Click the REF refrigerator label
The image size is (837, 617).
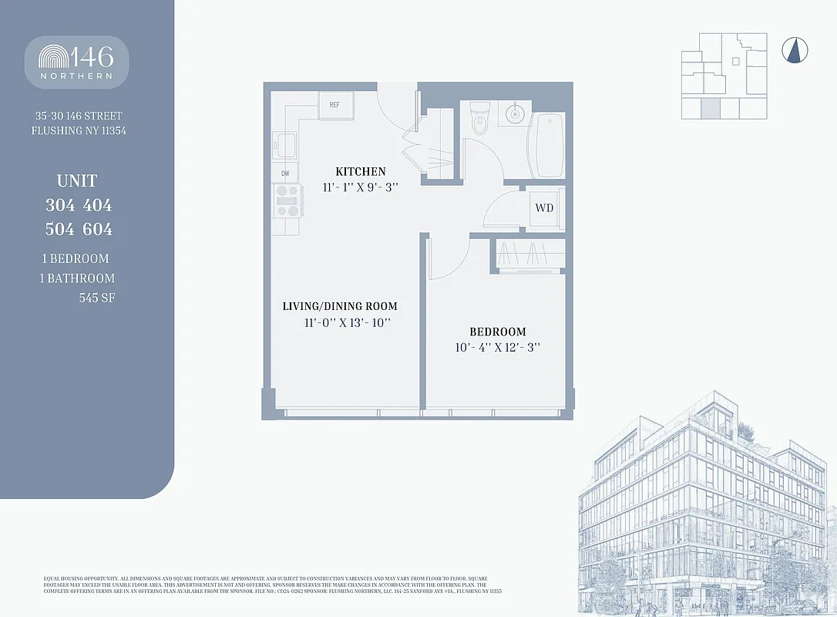(x=334, y=105)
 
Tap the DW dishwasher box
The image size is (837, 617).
(x=284, y=174)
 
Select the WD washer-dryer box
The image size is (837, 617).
(x=544, y=208)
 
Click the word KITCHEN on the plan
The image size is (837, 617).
(x=360, y=171)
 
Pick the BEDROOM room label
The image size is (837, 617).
(x=497, y=332)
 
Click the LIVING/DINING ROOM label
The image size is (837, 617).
(x=340, y=306)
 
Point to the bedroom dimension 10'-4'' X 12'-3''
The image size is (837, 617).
(x=497, y=348)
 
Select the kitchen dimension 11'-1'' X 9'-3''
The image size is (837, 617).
(x=360, y=187)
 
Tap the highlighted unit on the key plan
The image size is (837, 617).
(x=711, y=108)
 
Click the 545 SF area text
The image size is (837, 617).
(x=96, y=298)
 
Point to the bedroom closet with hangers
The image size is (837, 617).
(x=529, y=255)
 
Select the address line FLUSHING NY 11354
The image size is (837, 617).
(x=79, y=131)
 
